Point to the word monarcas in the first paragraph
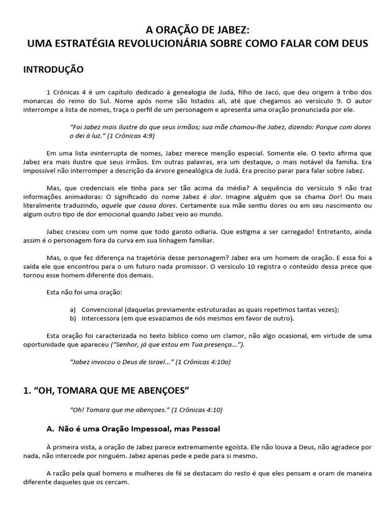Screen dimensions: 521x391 [x=38, y=100]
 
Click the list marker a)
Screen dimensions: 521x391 [x=72, y=310]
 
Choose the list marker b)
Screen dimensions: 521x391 [x=72, y=319]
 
